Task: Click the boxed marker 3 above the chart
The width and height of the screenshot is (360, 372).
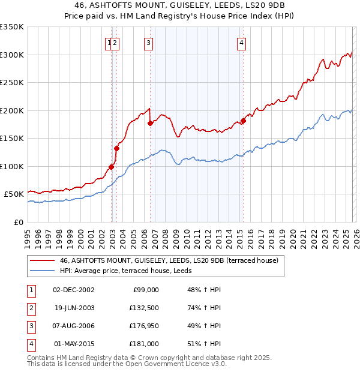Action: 148,43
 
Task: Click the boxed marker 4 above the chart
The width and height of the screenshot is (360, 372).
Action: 241,43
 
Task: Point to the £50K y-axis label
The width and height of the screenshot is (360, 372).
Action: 14,194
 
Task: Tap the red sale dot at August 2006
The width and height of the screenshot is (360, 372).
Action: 150,123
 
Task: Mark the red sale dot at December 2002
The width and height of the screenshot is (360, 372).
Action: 111,167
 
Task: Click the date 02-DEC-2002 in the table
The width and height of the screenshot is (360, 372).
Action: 73,289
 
